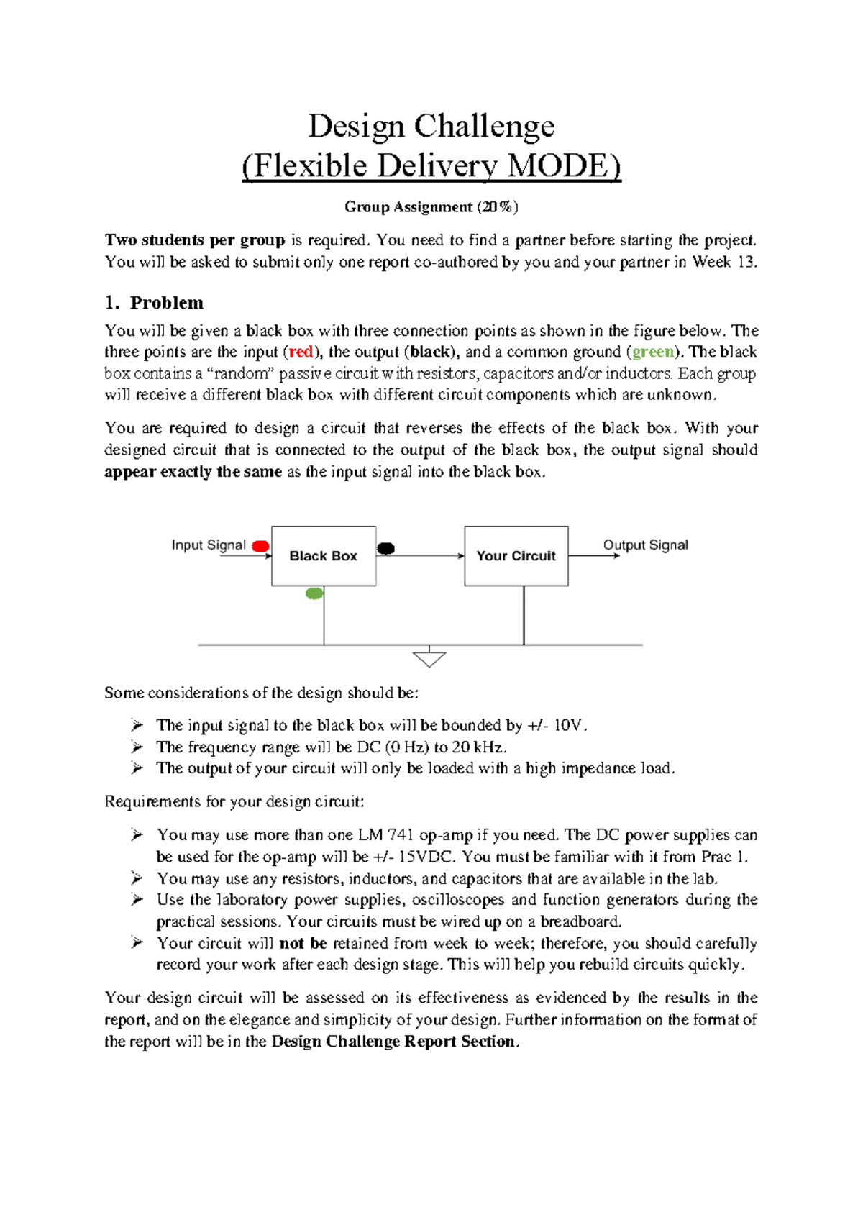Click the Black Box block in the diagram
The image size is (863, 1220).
click(324, 556)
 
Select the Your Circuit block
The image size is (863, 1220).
click(516, 556)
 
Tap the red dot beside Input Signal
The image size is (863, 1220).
click(261, 547)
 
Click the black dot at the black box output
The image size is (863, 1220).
click(386, 549)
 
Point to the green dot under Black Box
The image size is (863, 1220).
click(314, 594)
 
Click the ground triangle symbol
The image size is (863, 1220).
click(429, 659)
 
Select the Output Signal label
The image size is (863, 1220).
click(645, 545)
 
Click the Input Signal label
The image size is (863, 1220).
click(209, 545)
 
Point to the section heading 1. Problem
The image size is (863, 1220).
click(154, 302)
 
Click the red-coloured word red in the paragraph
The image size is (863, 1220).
click(301, 352)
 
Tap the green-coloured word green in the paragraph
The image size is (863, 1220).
click(653, 352)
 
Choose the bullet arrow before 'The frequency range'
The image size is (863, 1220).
click(137, 747)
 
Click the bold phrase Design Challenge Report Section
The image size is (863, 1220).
click(394, 1042)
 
